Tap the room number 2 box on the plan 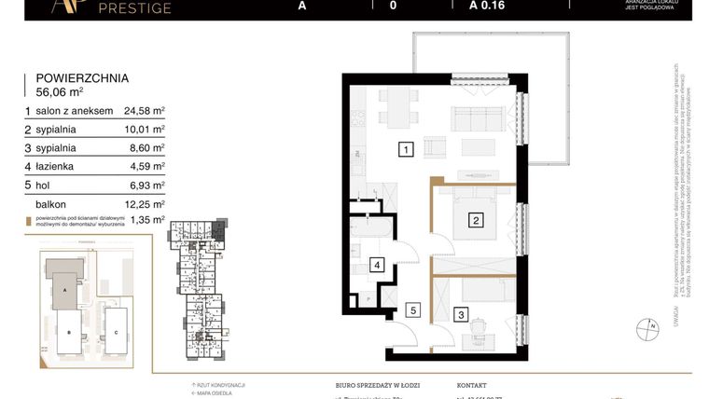(476, 221)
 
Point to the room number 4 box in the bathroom (377, 265)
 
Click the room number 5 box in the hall (415, 310)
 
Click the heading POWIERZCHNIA (82, 79)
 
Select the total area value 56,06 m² (60, 93)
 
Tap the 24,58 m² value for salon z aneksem (145, 111)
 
